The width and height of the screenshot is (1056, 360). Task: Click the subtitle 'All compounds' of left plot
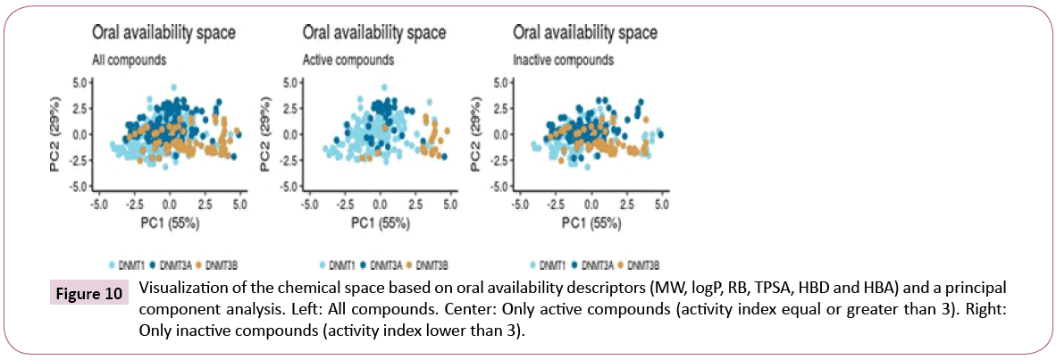pos(130,61)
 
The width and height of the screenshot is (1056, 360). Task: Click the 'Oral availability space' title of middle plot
pos(373,33)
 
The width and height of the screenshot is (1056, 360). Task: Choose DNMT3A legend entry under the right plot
pos(599,264)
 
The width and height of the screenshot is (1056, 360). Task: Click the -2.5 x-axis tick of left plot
pos(133,205)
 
